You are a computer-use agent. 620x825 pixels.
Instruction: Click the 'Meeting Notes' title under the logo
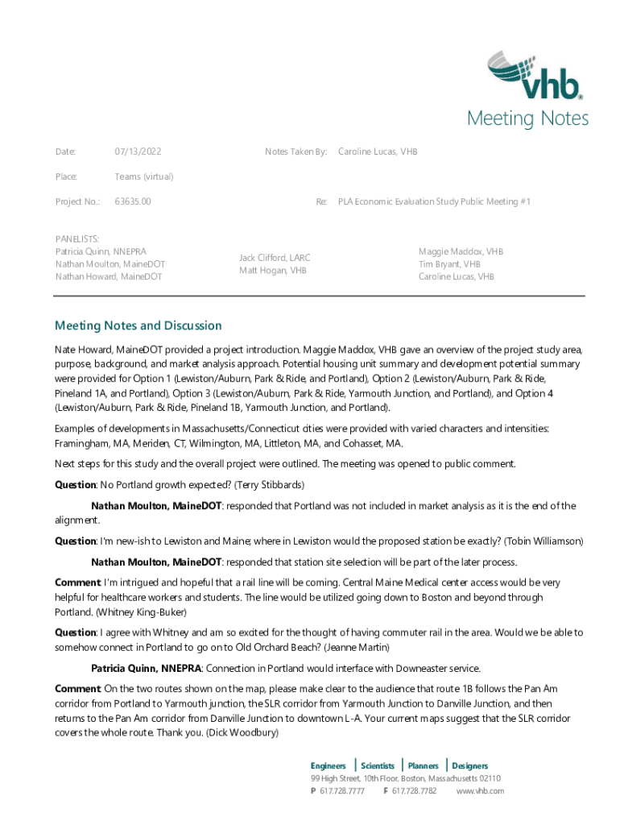coord(527,119)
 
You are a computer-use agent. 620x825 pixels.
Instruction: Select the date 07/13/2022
coord(138,151)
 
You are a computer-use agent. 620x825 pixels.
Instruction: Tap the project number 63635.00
coord(133,201)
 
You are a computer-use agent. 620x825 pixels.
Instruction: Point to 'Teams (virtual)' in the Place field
coord(143,176)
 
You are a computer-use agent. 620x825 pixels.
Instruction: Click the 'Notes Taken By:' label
coord(296,151)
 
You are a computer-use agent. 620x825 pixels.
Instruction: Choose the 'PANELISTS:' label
coord(77,239)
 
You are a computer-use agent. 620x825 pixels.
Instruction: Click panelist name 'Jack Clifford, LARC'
coord(275,258)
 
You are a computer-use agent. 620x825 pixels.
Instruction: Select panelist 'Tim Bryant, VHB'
coord(449,264)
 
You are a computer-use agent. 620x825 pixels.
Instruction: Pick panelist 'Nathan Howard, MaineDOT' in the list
coord(108,276)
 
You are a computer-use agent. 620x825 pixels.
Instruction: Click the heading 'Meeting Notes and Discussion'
coord(138,325)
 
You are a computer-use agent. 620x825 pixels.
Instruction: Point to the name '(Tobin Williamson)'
coord(544,541)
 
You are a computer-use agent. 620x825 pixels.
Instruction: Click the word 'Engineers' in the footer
coord(329,765)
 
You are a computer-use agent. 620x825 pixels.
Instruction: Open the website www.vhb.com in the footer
coord(480,791)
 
